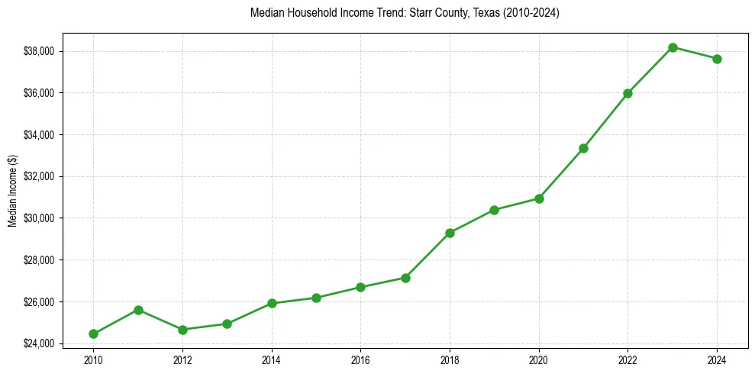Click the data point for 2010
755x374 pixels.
pyautogui.click(x=93, y=334)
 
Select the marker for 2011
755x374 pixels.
pyautogui.click(x=138, y=310)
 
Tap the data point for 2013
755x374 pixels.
pyautogui.click(x=227, y=324)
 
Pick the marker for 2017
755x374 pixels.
pyautogui.click(x=405, y=278)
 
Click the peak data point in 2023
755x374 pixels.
pyautogui.click(x=673, y=47)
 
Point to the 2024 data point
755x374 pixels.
pyautogui.click(x=717, y=59)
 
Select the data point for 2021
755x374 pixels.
pyautogui.click(x=583, y=148)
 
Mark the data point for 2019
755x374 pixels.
pyautogui.click(x=494, y=210)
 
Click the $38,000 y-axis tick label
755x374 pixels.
pyautogui.click(x=41, y=51)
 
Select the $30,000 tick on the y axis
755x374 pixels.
pyautogui.click(x=41, y=218)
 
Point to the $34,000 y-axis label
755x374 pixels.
pyautogui.click(x=41, y=135)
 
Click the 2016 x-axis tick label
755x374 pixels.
pyautogui.click(x=360, y=359)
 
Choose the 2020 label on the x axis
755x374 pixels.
pyautogui.click(x=539, y=359)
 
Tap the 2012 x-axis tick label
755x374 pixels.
pyautogui.click(x=182, y=359)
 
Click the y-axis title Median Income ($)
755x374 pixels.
pyautogui.click(x=12, y=192)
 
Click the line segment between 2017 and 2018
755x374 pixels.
pyautogui.click(x=428, y=255)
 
